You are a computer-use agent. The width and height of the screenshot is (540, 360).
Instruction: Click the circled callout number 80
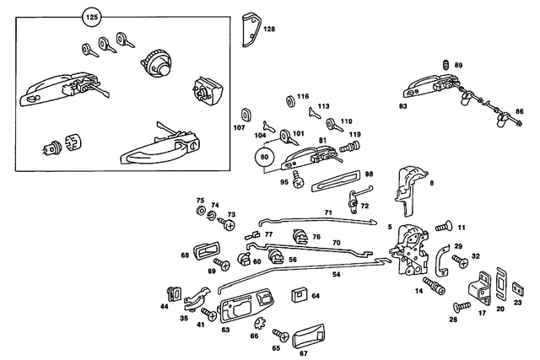[266, 156]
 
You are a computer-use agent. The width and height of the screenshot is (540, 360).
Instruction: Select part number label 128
[269, 30]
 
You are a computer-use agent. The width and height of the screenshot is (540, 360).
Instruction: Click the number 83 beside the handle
[402, 106]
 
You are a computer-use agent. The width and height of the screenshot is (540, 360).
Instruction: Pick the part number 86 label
[520, 111]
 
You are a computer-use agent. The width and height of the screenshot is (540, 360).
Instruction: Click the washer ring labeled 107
[247, 114]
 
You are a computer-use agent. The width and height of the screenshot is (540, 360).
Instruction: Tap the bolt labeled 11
[444, 228]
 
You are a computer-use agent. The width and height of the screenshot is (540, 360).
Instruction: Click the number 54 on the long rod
[336, 275]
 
